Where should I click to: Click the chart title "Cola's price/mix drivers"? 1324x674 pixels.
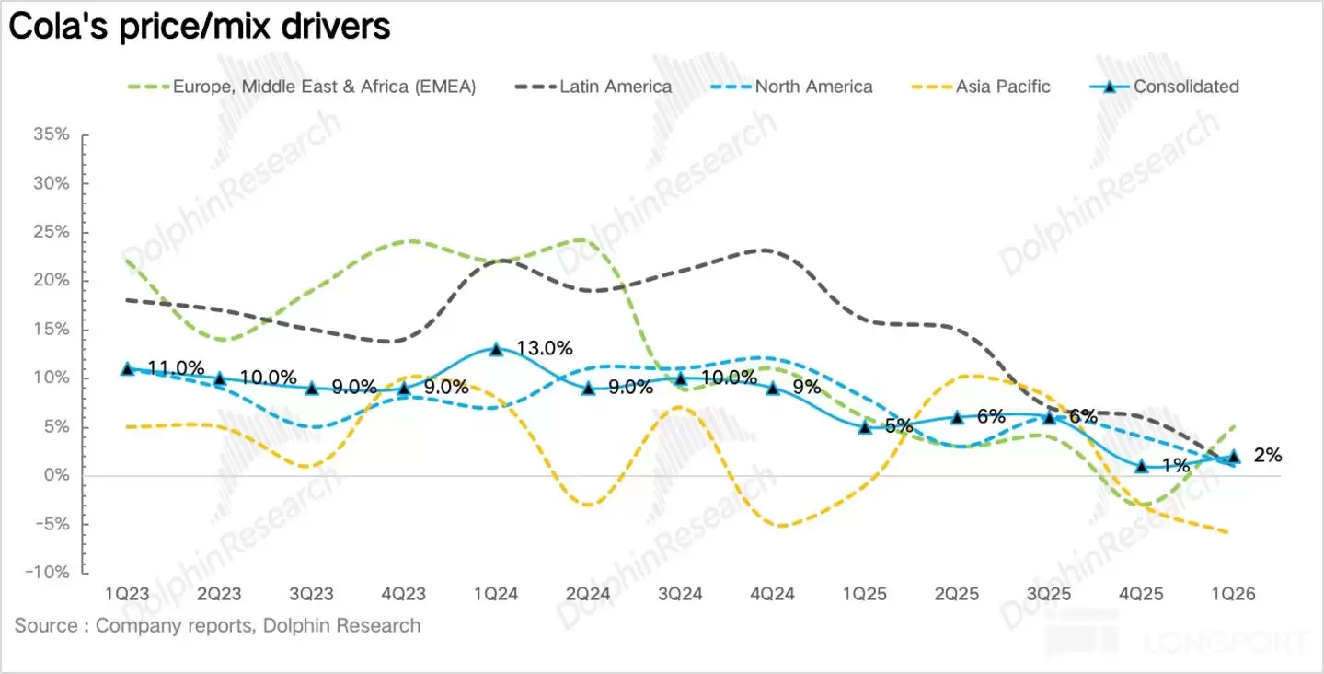click(x=200, y=27)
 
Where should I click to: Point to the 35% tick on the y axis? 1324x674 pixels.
click(x=52, y=134)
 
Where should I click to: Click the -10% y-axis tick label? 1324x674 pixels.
click(x=47, y=573)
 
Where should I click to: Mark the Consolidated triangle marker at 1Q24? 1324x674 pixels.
click(x=496, y=349)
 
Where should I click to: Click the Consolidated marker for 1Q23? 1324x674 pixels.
click(x=127, y=368)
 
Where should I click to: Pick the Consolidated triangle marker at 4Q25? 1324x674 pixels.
click(x=1142, y=466)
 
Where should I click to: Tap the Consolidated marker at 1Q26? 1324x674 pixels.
click(x=1234, y=456)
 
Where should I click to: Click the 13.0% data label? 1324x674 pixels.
click(x=545, y=348)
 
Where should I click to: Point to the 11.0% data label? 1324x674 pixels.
click(x=176, y=368)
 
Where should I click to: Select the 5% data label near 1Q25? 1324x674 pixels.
click(x=899, y=426)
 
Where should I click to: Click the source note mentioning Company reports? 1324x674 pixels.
click(x=217, y=626)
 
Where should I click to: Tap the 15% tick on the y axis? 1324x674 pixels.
click(x=52, y=330)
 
